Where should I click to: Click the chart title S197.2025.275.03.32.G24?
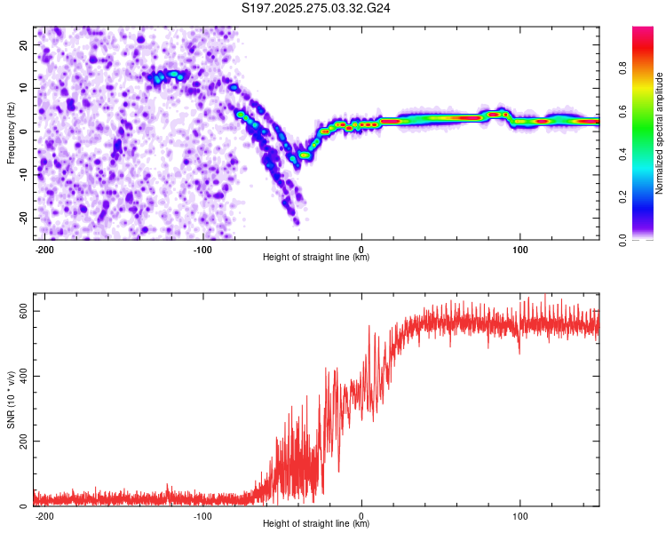[317, 8]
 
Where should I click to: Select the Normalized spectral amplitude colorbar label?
[660, 133]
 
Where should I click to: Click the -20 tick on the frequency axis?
[22, 218]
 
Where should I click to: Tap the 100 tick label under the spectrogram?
[519, 249]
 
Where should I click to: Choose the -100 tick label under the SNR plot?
[202, 515]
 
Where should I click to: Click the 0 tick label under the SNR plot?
[361, 515]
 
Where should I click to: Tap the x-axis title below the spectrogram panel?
[316, 258]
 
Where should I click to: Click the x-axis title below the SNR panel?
[316, 524]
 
